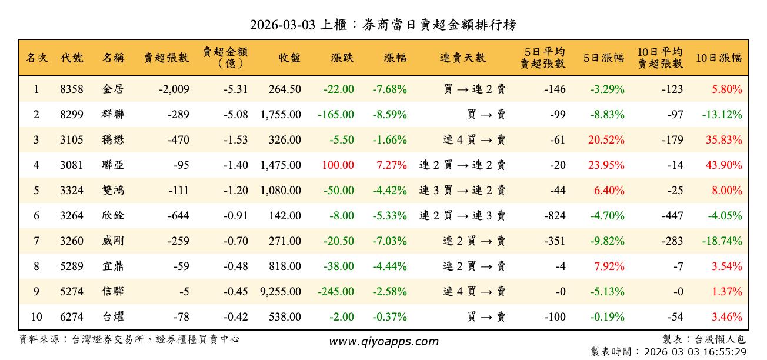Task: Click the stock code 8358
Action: point(72,89)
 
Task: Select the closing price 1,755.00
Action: point(281,115)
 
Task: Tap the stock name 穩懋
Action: point(113,140)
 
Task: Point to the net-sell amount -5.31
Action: point(236,89)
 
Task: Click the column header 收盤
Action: point(289,58)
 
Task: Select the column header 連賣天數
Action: point(463,58)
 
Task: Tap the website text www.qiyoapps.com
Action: point(383,342)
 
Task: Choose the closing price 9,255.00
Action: point(281,292)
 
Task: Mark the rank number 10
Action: point(36,317)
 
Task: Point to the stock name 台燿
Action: point(113,317)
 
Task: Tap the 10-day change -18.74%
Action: point(722,241)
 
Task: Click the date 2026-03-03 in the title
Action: point(282,25)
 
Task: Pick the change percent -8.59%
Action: point(390,115)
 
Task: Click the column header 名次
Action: point(36,58)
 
